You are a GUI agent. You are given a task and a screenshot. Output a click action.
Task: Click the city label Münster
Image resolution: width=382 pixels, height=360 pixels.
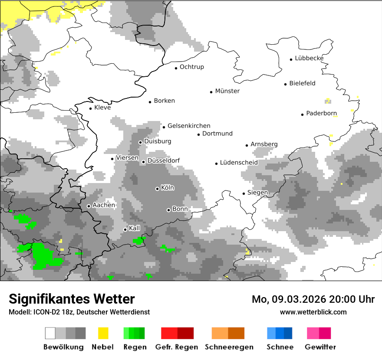(227, 91)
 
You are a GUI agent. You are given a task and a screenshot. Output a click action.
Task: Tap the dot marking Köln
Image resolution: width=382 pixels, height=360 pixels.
(157, 189)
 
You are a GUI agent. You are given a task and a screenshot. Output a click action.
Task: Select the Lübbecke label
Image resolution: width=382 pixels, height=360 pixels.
(309, 58)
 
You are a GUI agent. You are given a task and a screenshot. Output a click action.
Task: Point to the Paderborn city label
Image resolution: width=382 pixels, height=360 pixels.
(321, 114)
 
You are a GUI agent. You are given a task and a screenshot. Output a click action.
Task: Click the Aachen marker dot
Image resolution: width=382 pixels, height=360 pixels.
(89, 206)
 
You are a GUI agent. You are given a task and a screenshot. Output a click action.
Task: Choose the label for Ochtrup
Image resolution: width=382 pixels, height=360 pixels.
(191, 67)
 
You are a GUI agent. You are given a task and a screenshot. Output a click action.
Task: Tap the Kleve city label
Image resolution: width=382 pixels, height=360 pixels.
(102, 108)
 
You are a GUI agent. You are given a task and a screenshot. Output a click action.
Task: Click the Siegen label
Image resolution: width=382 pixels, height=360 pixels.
(257, 193)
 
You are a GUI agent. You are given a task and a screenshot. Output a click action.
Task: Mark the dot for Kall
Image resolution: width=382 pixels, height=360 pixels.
(125, 229)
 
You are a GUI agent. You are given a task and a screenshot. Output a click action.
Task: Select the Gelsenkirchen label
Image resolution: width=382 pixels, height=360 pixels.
(189, 126)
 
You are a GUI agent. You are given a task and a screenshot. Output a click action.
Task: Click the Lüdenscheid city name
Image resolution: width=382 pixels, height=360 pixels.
(239, 163)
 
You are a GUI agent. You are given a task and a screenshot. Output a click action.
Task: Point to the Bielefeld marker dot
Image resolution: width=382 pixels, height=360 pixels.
(286, 84)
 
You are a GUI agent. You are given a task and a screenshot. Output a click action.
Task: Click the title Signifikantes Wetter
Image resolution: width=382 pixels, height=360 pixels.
(72, 299)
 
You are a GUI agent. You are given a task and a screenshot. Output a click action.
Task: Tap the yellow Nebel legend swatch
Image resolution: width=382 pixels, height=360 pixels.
(103, 333)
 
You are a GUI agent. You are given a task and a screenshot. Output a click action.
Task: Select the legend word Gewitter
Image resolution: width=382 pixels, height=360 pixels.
(320, 347)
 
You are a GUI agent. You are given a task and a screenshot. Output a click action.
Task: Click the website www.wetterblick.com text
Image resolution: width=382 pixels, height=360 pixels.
(313, 312)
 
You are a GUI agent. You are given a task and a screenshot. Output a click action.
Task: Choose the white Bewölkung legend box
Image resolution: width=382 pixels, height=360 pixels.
(50, 333)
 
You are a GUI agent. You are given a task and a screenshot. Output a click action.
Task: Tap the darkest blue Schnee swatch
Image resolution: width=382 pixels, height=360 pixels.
(288, 333)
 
